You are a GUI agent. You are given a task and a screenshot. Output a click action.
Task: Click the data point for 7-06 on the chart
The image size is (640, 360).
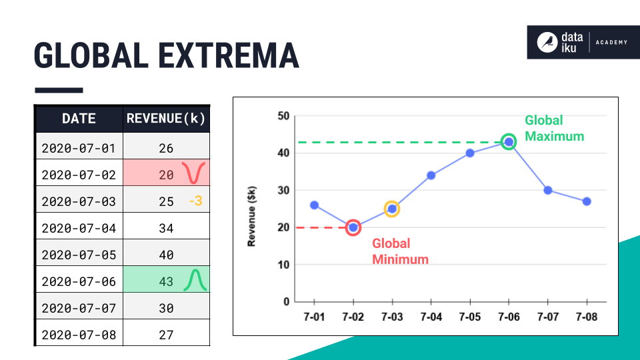tap(509, 142)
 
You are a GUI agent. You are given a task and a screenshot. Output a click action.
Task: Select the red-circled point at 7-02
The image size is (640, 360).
tap(353, 227)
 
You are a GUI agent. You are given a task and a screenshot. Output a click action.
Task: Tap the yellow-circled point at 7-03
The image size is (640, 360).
tap(392, 209)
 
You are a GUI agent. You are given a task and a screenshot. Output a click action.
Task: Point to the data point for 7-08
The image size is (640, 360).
tap(587, 201)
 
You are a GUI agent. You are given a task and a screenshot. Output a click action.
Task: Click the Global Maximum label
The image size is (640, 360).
tap(554, 128)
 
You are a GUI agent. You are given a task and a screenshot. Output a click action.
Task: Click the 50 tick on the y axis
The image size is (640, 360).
tap(283, 116)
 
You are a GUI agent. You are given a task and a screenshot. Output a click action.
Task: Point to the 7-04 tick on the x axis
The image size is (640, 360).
tap(431, 317)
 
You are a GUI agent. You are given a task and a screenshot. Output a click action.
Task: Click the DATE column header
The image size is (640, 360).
tap(79, 119)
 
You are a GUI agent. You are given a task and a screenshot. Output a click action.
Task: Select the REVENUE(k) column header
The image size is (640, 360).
tap(166, 119)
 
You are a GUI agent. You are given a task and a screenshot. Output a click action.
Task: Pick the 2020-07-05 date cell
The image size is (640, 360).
tap(79, 255)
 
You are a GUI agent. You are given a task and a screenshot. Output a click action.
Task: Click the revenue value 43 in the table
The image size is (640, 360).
tap(166, 281)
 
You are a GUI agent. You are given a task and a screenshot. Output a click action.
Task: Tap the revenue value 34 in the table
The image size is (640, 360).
tap(166, 228)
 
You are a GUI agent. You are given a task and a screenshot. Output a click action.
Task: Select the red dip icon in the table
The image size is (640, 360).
tap(195, 173)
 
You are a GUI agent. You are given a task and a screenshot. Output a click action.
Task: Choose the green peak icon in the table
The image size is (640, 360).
tap(195, 280)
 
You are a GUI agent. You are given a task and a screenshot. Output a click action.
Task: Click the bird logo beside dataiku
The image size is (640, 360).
tap(547, 43)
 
